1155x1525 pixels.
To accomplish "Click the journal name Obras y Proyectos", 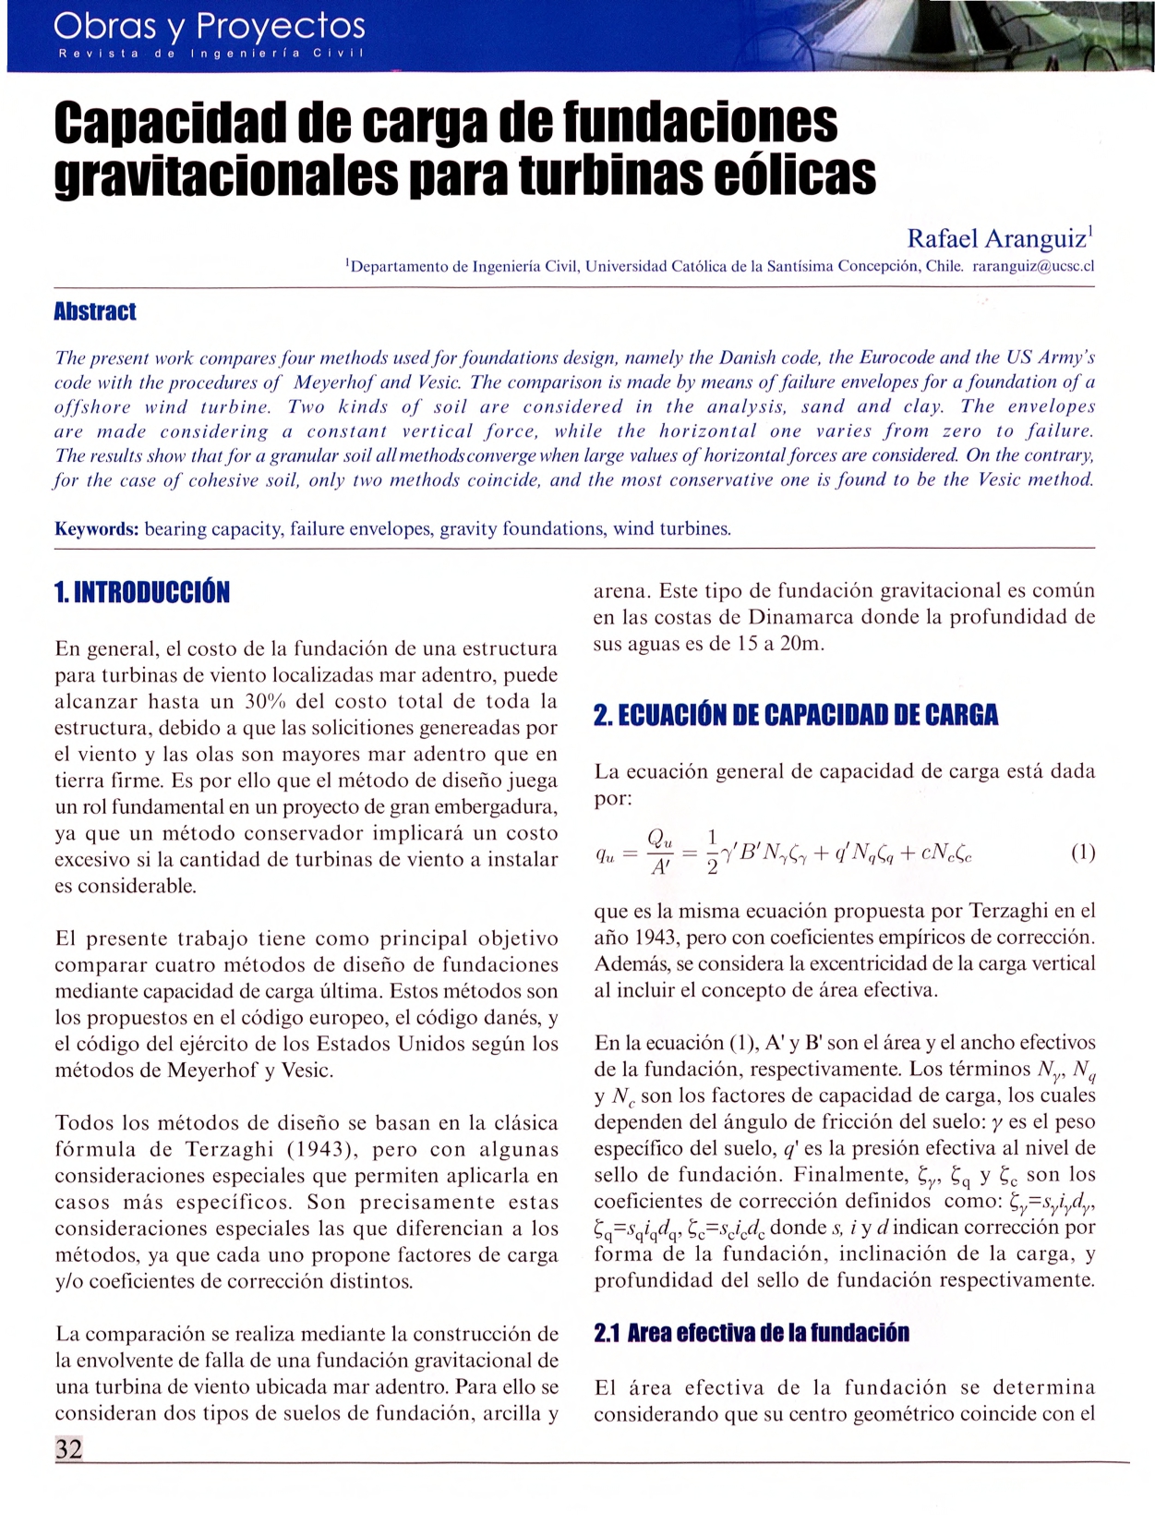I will coord(210,25).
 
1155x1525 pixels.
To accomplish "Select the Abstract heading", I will coord(95,311).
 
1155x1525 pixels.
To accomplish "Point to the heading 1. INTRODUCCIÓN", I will coord(142,592).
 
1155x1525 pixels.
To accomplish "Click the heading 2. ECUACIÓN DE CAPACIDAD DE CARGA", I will coord(796,715).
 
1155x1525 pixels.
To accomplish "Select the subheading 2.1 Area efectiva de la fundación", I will coord(752,1333).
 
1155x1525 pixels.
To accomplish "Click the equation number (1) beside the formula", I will coord(1082,852).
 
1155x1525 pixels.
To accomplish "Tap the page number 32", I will coord(68,1448).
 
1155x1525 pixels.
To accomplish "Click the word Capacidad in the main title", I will coord(169,124).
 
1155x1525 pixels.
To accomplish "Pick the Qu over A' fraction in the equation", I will coord(660,852).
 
